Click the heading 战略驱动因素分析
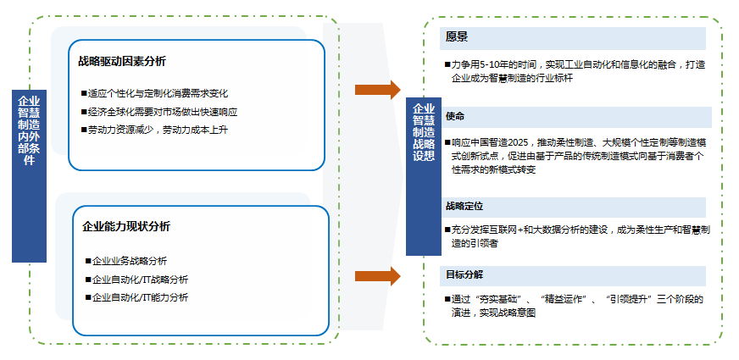122,62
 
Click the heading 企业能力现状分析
126,226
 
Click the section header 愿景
458,37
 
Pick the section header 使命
455,115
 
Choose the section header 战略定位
464,206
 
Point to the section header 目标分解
464,275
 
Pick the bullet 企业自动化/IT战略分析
140,280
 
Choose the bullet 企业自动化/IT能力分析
140,297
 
